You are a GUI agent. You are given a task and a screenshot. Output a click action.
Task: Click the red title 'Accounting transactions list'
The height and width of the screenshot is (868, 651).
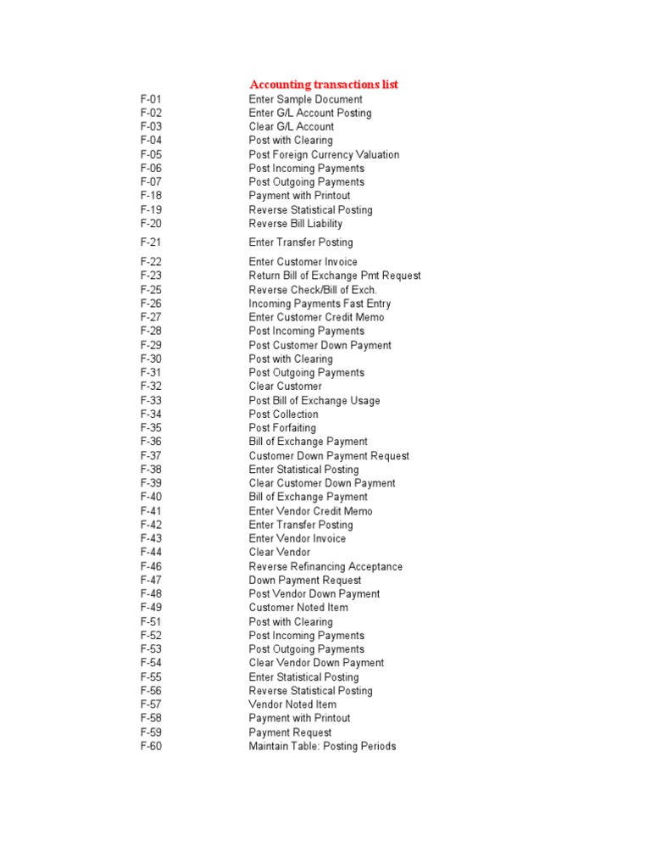[x=323, y=84]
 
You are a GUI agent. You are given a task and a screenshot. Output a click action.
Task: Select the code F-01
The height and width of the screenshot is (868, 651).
[x=151, y=99]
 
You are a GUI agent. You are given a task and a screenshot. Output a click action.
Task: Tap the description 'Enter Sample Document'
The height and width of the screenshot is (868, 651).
[x=305, y=99]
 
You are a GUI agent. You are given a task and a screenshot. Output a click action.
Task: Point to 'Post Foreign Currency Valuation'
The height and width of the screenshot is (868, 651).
[x=324, y=154]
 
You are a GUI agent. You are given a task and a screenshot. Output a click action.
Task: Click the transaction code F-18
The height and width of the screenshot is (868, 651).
[x=151, y=196]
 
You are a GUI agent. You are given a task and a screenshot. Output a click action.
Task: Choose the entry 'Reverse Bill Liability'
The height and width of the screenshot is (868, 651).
[x=295, y=224]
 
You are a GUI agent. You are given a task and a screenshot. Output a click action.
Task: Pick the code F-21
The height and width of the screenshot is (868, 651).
[x=151, y=242]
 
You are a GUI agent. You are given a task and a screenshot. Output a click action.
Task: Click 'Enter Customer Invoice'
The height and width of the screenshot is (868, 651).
[x=303, y=262]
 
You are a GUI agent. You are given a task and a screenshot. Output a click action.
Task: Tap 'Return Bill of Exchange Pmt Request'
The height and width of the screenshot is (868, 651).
[x=334, y=275]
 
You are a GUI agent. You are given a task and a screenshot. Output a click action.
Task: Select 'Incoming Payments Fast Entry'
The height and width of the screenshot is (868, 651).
[x=320, y=303]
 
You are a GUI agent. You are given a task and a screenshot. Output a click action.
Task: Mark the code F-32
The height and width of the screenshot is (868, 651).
[x=151, y=387]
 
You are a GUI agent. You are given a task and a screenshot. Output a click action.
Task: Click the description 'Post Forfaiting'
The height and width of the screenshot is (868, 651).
[x=282, y=428]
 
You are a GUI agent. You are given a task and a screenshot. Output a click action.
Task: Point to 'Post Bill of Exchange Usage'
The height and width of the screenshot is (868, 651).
[x=314, y=400]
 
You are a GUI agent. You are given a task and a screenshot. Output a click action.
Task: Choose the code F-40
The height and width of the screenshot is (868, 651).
[x=151, y=497]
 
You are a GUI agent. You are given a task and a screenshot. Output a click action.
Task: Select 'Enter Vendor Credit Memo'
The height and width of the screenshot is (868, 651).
[x=310, y=511]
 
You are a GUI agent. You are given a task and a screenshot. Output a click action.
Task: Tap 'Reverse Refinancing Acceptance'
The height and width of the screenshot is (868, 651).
[x=325, y=566]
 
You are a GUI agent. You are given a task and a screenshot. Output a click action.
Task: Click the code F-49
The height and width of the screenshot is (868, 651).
[x=151, y=608]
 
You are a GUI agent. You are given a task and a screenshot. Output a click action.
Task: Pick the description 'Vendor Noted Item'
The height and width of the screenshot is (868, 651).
[x=292, y=704]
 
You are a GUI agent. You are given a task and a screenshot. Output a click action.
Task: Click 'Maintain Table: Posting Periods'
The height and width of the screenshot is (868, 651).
[x=322, y=746]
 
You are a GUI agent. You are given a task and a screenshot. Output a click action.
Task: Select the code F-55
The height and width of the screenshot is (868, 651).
[x=151, y=677]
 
